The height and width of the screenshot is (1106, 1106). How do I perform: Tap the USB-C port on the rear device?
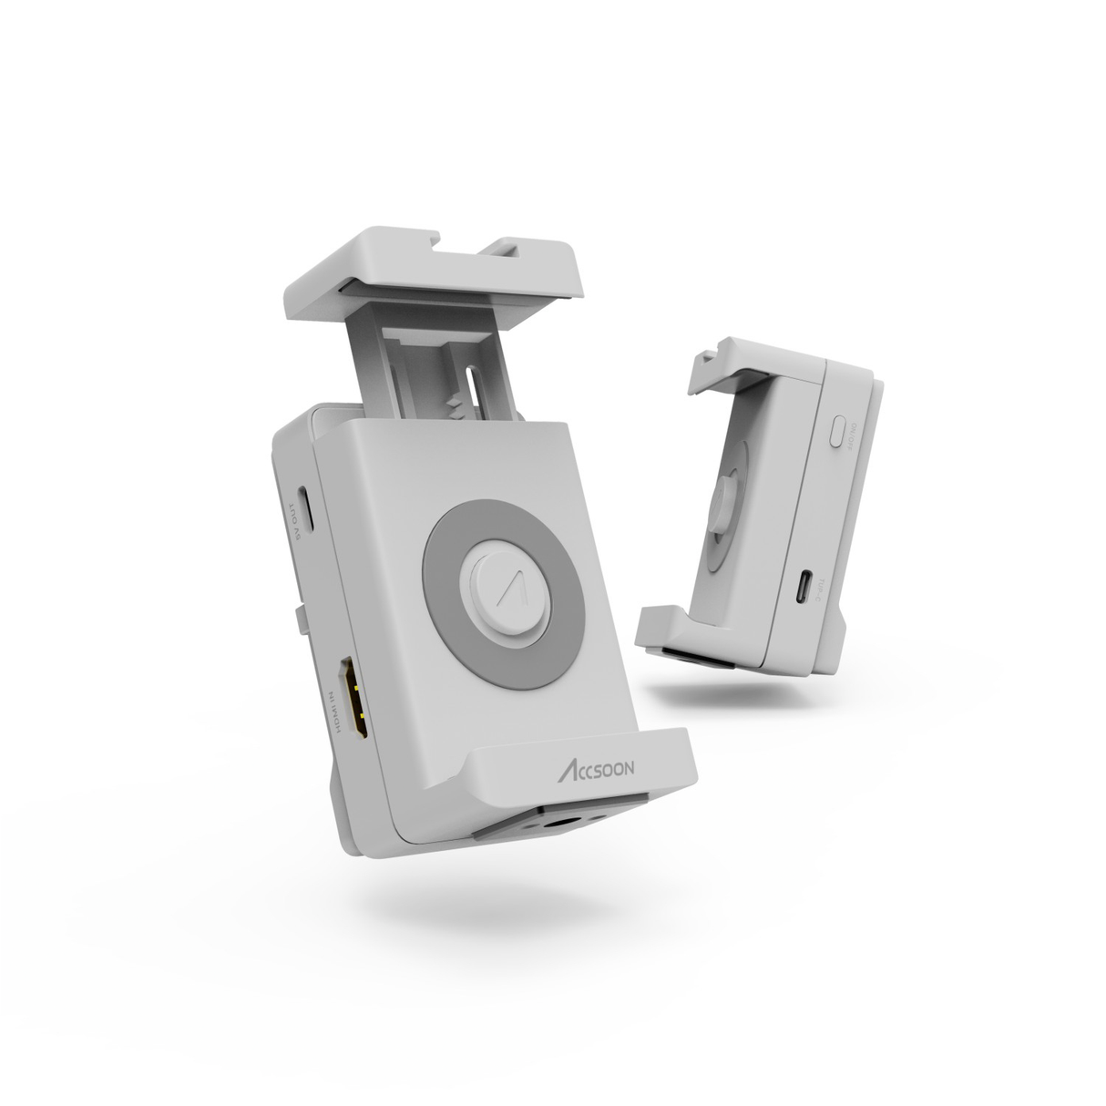803,587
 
